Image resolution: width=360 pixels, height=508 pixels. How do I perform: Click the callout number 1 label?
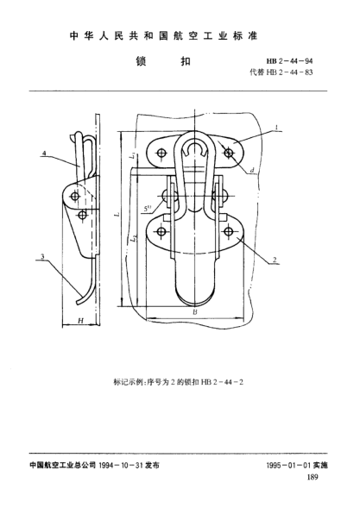pyautogui.click(x=276, y=128)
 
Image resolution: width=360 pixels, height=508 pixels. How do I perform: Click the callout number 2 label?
pyautogui.click(x=275, y=260)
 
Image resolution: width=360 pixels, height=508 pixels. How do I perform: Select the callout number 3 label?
pyautogui.click(x=42, y=257)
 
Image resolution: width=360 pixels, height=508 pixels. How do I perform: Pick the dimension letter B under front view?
pyautogui.click(x=195, y=312)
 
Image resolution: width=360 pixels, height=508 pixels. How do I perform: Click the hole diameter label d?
pyautogui.click(x=252, y=171)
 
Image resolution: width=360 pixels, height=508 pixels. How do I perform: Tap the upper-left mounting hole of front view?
pyautogui.click(x=161, y=153)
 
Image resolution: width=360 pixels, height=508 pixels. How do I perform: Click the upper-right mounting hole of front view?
pyautogui.click(x=229, y=153)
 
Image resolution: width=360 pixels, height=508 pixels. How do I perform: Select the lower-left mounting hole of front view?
pyautogui.click(x=161, y=232)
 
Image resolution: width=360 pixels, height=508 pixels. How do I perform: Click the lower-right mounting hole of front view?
pyautogui.click(x=229, y=231)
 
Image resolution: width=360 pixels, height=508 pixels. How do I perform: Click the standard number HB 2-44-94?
pyautogui.click(x=289, y=61)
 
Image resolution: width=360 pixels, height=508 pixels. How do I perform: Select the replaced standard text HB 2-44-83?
pyautogui.click(x=289, y=72)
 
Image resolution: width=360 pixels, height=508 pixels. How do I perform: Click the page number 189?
pyautogui.click(x=313, y=477)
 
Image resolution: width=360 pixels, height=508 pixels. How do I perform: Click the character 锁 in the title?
pyautogui.click(x=141, y=61)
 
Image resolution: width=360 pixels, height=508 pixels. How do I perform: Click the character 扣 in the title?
pyautogui.click(x=186, y=61)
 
